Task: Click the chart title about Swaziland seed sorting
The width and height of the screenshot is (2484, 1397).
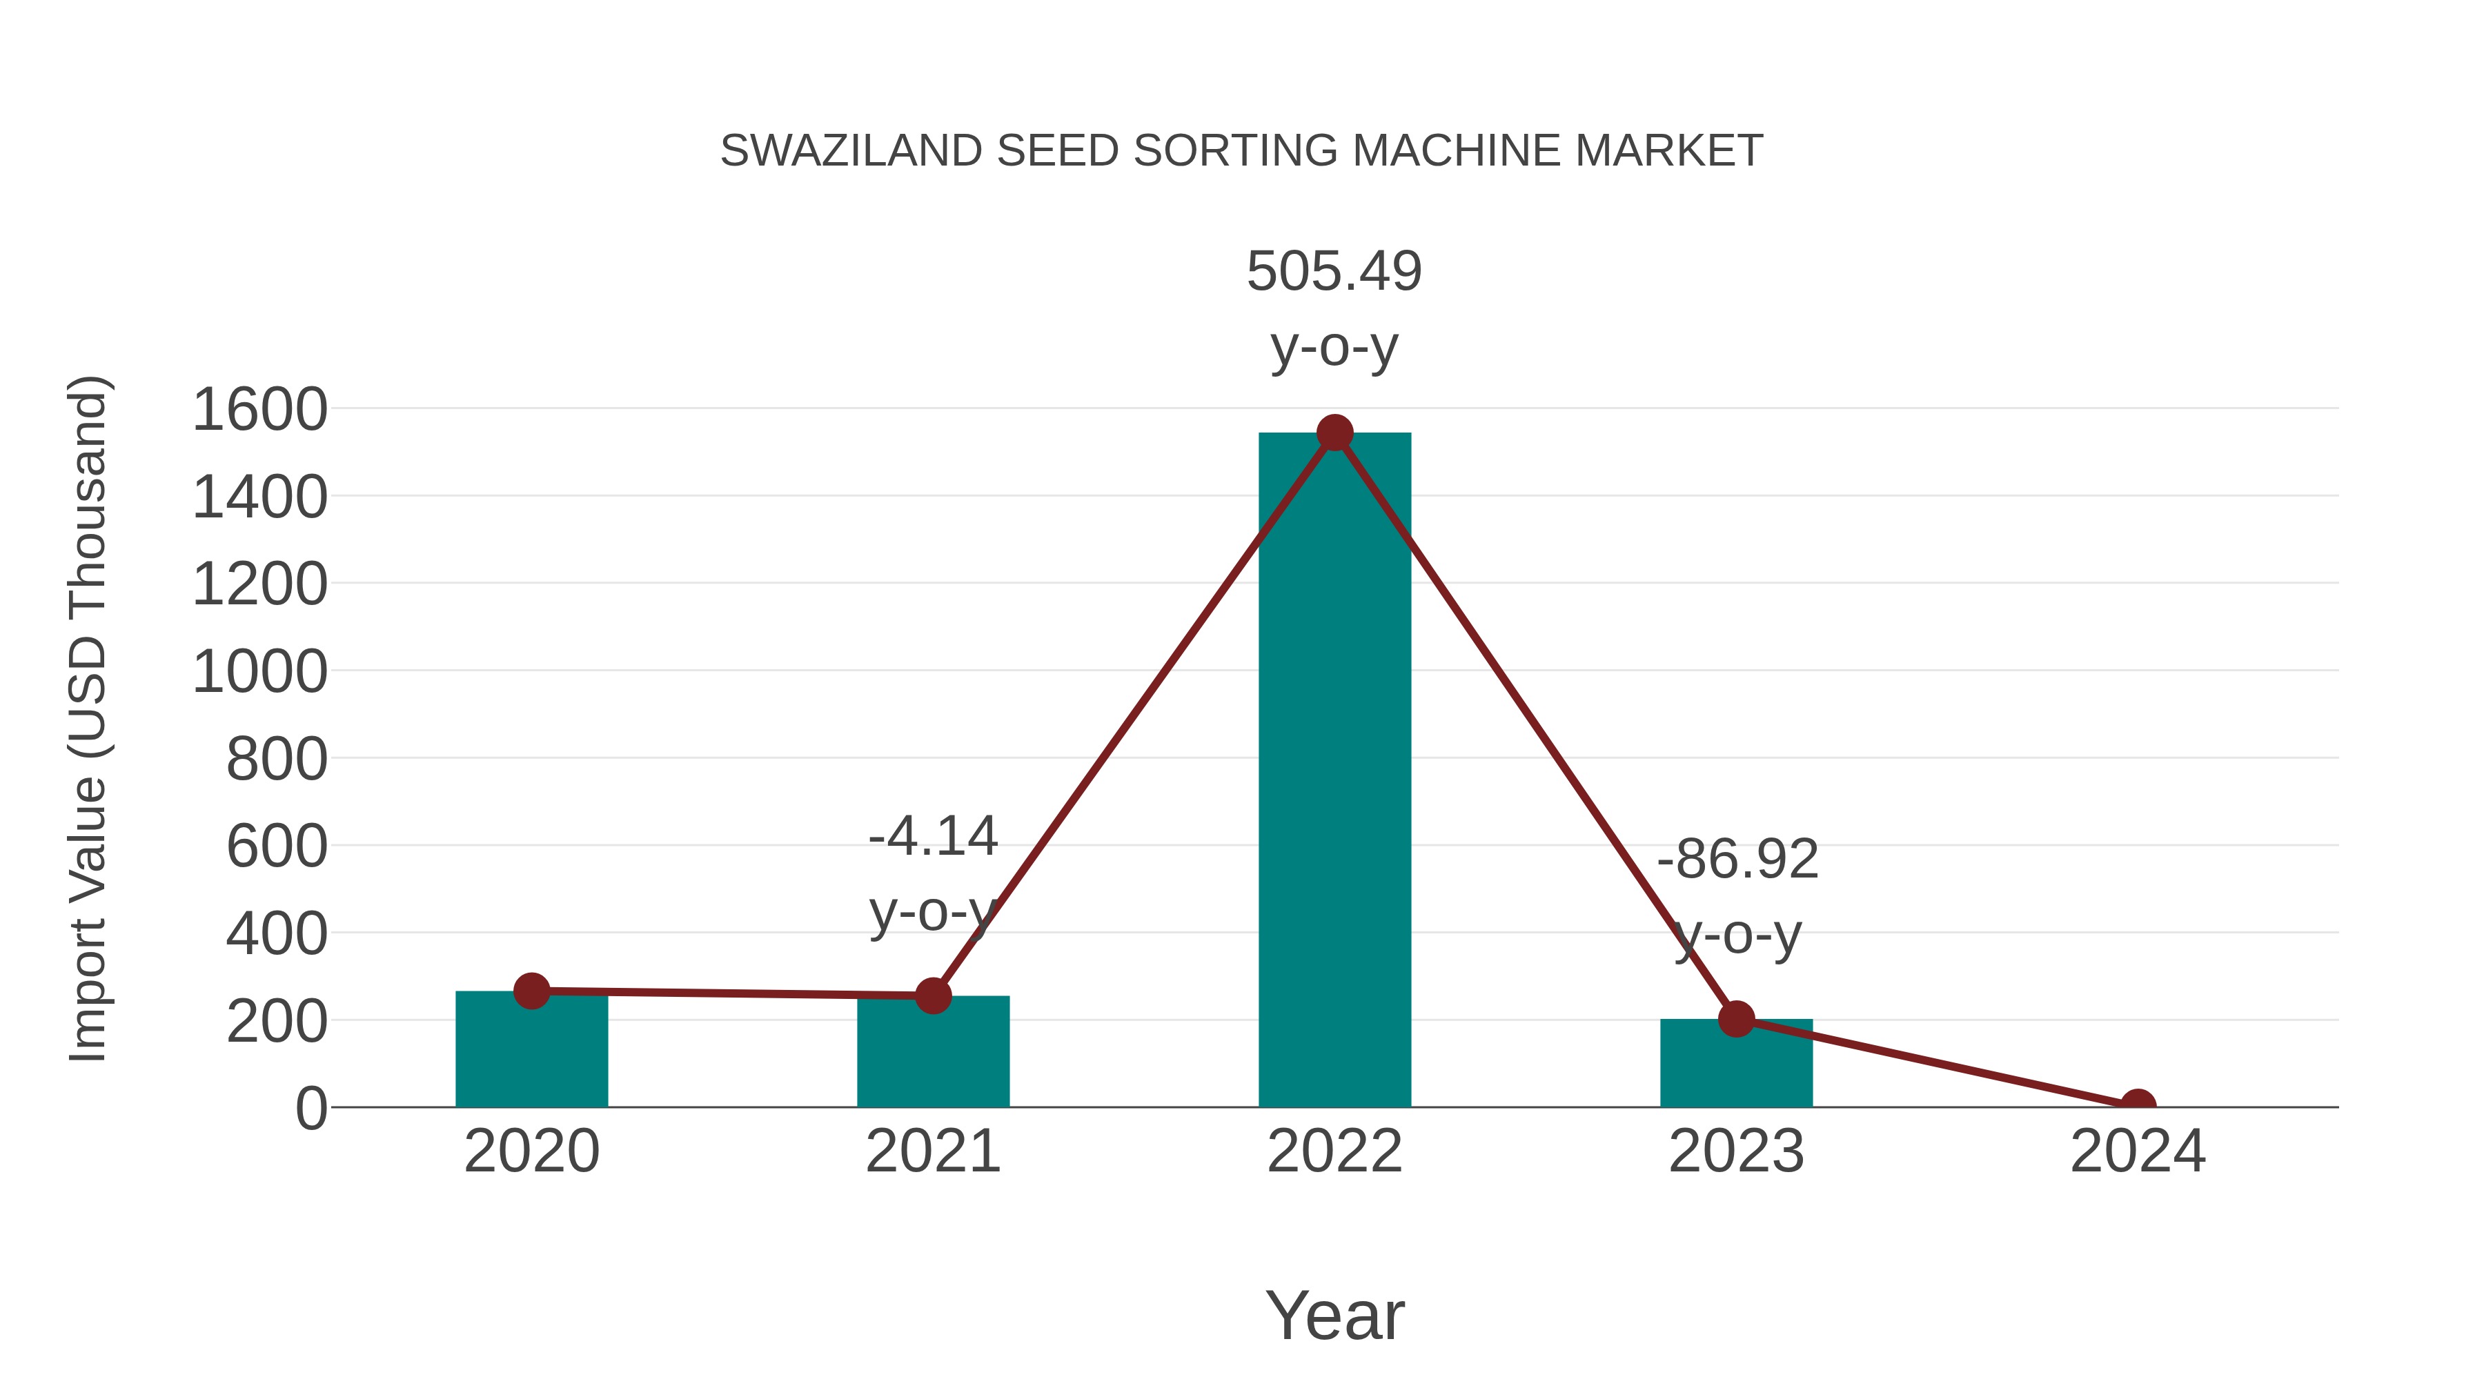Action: [x=1241, y=151]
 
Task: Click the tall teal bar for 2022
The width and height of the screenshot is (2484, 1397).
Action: [x=1334, y=771]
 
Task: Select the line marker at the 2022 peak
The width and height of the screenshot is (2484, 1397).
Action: [x=1334, y=433]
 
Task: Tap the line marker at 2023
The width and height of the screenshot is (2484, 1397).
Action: [x=1736, y=1018]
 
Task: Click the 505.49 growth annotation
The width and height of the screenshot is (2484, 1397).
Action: [x=1334, y=271]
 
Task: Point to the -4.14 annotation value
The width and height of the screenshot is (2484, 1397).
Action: [x=932, y=836]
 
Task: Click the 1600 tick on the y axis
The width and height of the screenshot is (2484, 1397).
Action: [x=259, y=410]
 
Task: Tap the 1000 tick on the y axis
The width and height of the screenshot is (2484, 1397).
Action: [x=259, y=672]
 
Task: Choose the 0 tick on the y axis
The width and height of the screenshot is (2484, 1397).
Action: [x=310, y=1108]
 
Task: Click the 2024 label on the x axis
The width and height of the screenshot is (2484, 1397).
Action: [x=2138, y=1151]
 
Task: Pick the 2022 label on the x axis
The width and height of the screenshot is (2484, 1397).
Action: [x=1334, y=1151]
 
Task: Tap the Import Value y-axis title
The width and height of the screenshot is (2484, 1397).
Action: [x=87, y=718]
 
